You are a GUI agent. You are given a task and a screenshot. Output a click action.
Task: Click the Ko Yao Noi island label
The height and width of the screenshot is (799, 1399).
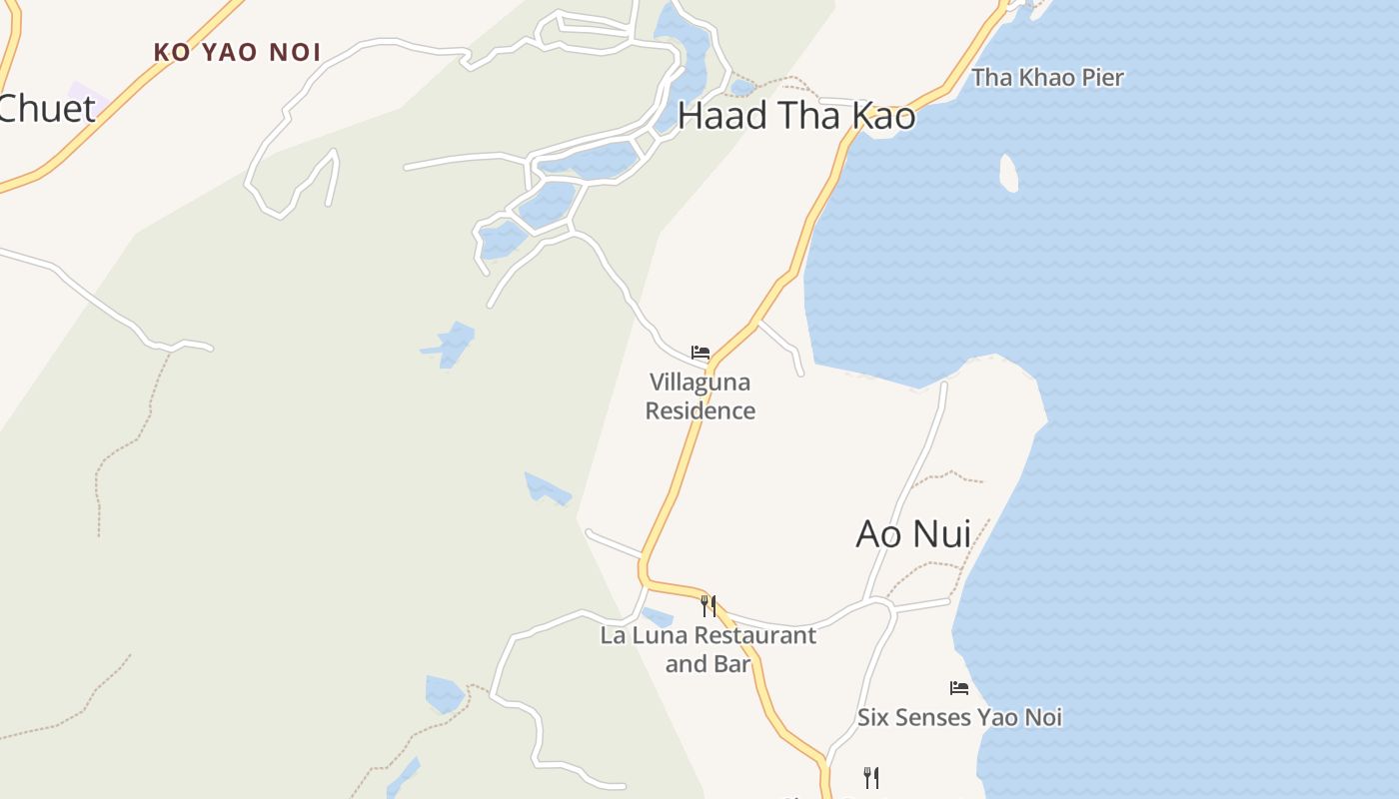(238, 52)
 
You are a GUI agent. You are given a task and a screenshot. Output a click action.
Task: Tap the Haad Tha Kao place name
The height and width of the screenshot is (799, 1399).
(795, 116)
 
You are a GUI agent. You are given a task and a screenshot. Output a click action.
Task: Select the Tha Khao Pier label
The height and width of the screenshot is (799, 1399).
(1047, 78)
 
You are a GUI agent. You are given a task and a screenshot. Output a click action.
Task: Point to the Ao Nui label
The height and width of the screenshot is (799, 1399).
(913, 534)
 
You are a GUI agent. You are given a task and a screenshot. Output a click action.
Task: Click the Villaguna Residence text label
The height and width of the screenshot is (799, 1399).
(699, 397)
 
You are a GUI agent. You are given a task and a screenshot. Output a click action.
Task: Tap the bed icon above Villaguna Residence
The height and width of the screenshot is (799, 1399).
(700, 353)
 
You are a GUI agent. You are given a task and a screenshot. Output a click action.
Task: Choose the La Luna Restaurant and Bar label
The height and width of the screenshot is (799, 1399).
(707, 649)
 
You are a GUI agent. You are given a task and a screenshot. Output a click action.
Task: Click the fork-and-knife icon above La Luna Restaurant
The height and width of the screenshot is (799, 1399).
(707, 605)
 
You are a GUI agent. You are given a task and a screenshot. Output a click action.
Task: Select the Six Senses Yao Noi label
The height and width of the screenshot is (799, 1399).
(959, 717)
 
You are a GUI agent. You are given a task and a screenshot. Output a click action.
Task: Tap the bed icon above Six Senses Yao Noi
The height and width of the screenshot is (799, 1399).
(959, 687)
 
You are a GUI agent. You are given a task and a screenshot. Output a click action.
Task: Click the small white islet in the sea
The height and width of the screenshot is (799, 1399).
(1008, 173)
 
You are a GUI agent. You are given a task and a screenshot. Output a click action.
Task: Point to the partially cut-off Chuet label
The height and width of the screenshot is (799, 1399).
(46, 109)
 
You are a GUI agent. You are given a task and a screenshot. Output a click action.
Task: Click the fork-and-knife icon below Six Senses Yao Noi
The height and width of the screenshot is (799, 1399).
(870, 777)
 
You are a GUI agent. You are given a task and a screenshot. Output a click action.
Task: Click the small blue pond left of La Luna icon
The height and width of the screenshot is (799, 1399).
(658, 616)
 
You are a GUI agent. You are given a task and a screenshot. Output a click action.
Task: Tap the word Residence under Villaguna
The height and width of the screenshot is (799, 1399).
(699, 410)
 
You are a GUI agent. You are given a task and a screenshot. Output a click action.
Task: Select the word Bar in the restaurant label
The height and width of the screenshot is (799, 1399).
(733, 663)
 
